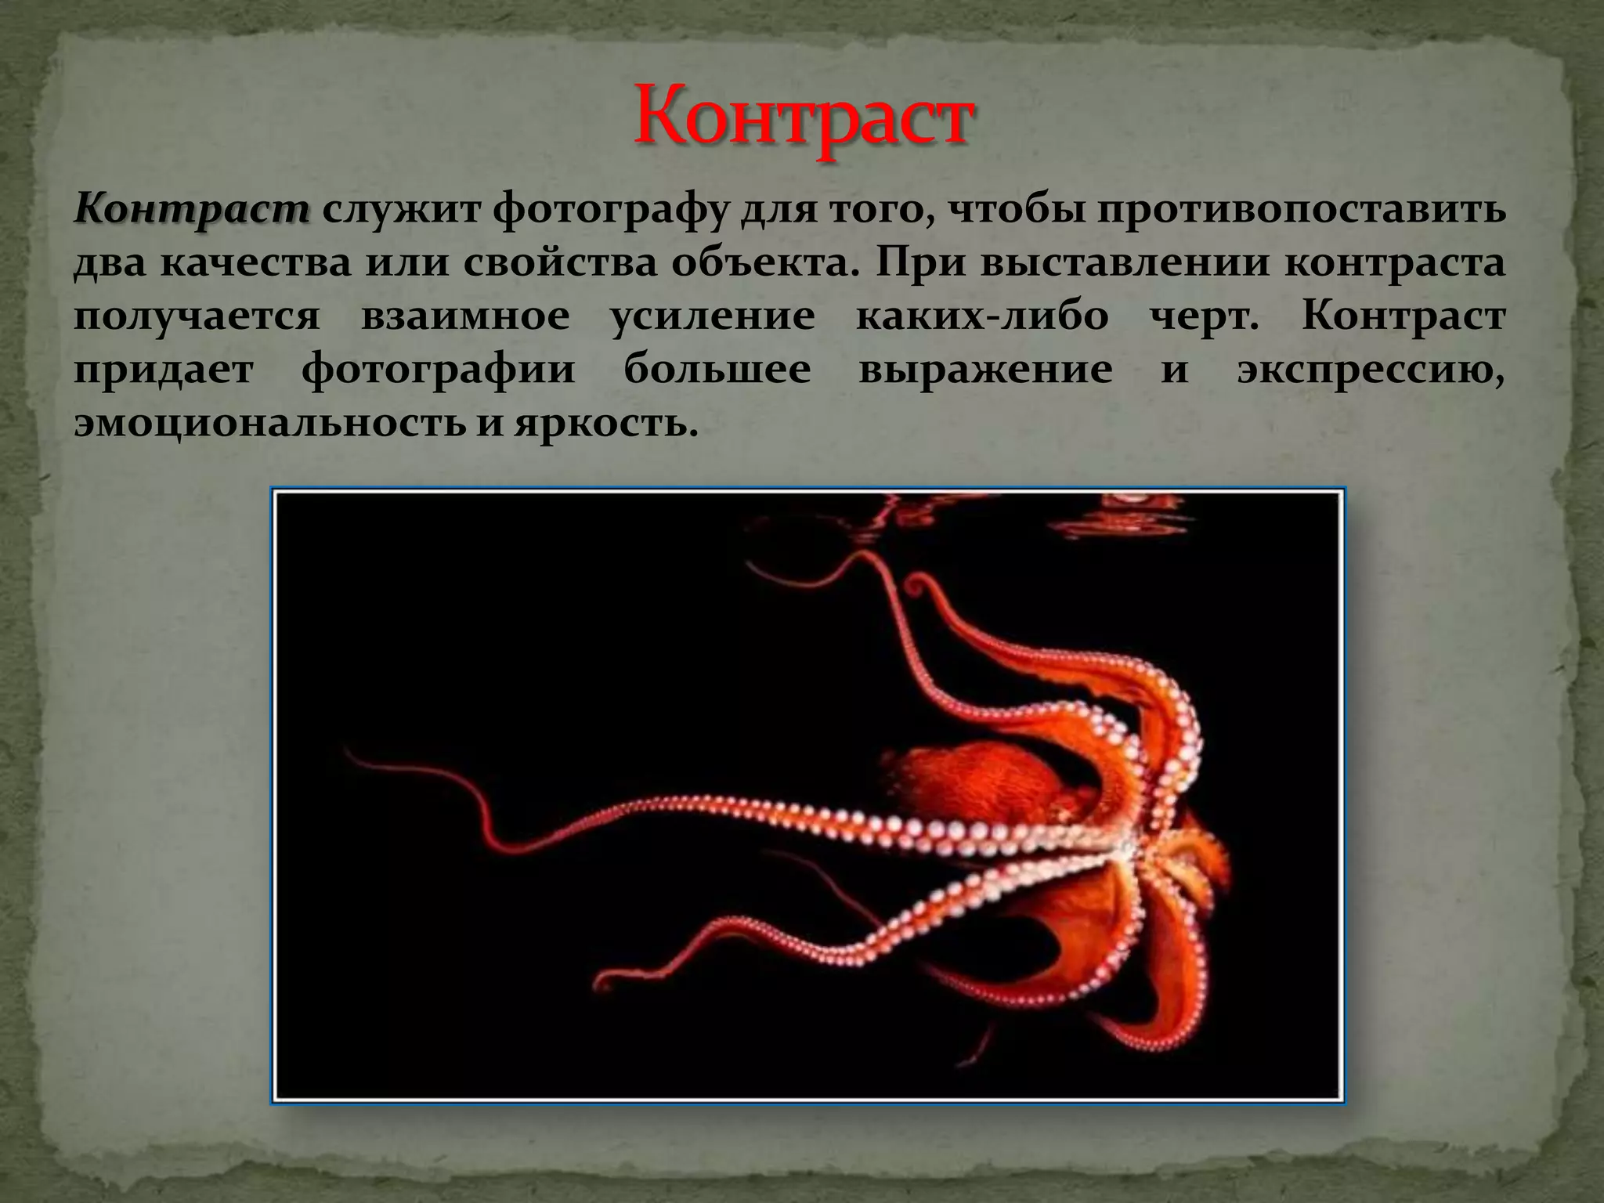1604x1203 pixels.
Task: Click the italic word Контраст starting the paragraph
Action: tap(192, 209)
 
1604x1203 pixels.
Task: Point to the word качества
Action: tap(256, 263)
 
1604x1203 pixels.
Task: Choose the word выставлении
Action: tap(1124, 263)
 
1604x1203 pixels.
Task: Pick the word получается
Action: tap(197, 317)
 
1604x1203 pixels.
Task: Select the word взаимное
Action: tap(465, 316)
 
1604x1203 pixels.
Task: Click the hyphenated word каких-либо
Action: tap(982, 316)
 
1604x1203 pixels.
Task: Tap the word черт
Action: tap(1204, 316)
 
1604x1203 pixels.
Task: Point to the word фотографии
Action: tap(439, 370)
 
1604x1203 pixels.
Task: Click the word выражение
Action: tap(985, 370)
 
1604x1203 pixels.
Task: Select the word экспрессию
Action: tap(1371, 370)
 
